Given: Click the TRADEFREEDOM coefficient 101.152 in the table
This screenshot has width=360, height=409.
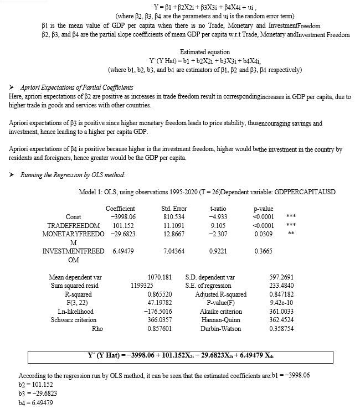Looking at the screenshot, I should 121,226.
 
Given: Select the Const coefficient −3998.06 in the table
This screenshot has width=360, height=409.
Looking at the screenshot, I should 123,216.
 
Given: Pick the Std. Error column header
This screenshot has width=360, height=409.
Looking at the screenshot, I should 173,208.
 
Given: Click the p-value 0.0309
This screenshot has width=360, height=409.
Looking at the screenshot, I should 263,235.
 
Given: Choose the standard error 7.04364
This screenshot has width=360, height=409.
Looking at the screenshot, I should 173,251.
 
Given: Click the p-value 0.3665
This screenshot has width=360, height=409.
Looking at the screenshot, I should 263,251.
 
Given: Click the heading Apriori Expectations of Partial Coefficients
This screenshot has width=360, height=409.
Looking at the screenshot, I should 76,88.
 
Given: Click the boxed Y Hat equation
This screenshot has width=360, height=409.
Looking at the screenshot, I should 180,355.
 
